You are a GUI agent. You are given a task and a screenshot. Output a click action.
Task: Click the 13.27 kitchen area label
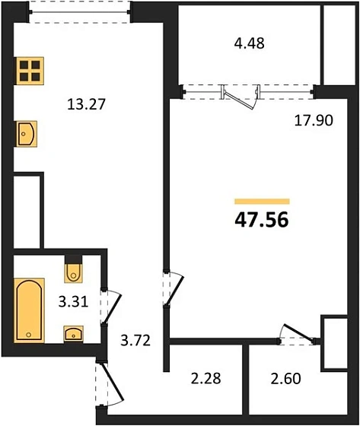86,104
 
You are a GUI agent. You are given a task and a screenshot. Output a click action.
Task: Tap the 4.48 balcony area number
250,43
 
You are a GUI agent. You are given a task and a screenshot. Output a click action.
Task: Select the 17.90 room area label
314,120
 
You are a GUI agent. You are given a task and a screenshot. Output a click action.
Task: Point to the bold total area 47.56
262,220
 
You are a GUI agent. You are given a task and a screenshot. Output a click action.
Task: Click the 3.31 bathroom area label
73,301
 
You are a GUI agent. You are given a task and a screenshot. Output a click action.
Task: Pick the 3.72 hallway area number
135,340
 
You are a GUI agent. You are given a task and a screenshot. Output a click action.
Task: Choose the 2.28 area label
205,379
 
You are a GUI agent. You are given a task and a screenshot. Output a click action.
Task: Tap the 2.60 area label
285,379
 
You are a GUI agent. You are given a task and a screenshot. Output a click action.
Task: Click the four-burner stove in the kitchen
30,71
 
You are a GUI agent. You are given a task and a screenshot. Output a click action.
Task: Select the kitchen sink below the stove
27,134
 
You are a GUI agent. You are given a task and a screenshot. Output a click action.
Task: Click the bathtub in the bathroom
29,310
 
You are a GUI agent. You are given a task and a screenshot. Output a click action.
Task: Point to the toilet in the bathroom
73,270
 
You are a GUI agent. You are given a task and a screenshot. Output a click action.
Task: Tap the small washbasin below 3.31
73,333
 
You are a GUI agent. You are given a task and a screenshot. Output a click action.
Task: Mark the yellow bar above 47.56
262,202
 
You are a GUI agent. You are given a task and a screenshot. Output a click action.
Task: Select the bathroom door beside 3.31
110,306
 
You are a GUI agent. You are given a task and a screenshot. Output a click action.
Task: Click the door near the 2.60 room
298,335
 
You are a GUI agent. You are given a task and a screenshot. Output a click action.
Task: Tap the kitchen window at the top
80,12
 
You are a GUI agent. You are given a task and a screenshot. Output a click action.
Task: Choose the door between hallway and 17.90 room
174,288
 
